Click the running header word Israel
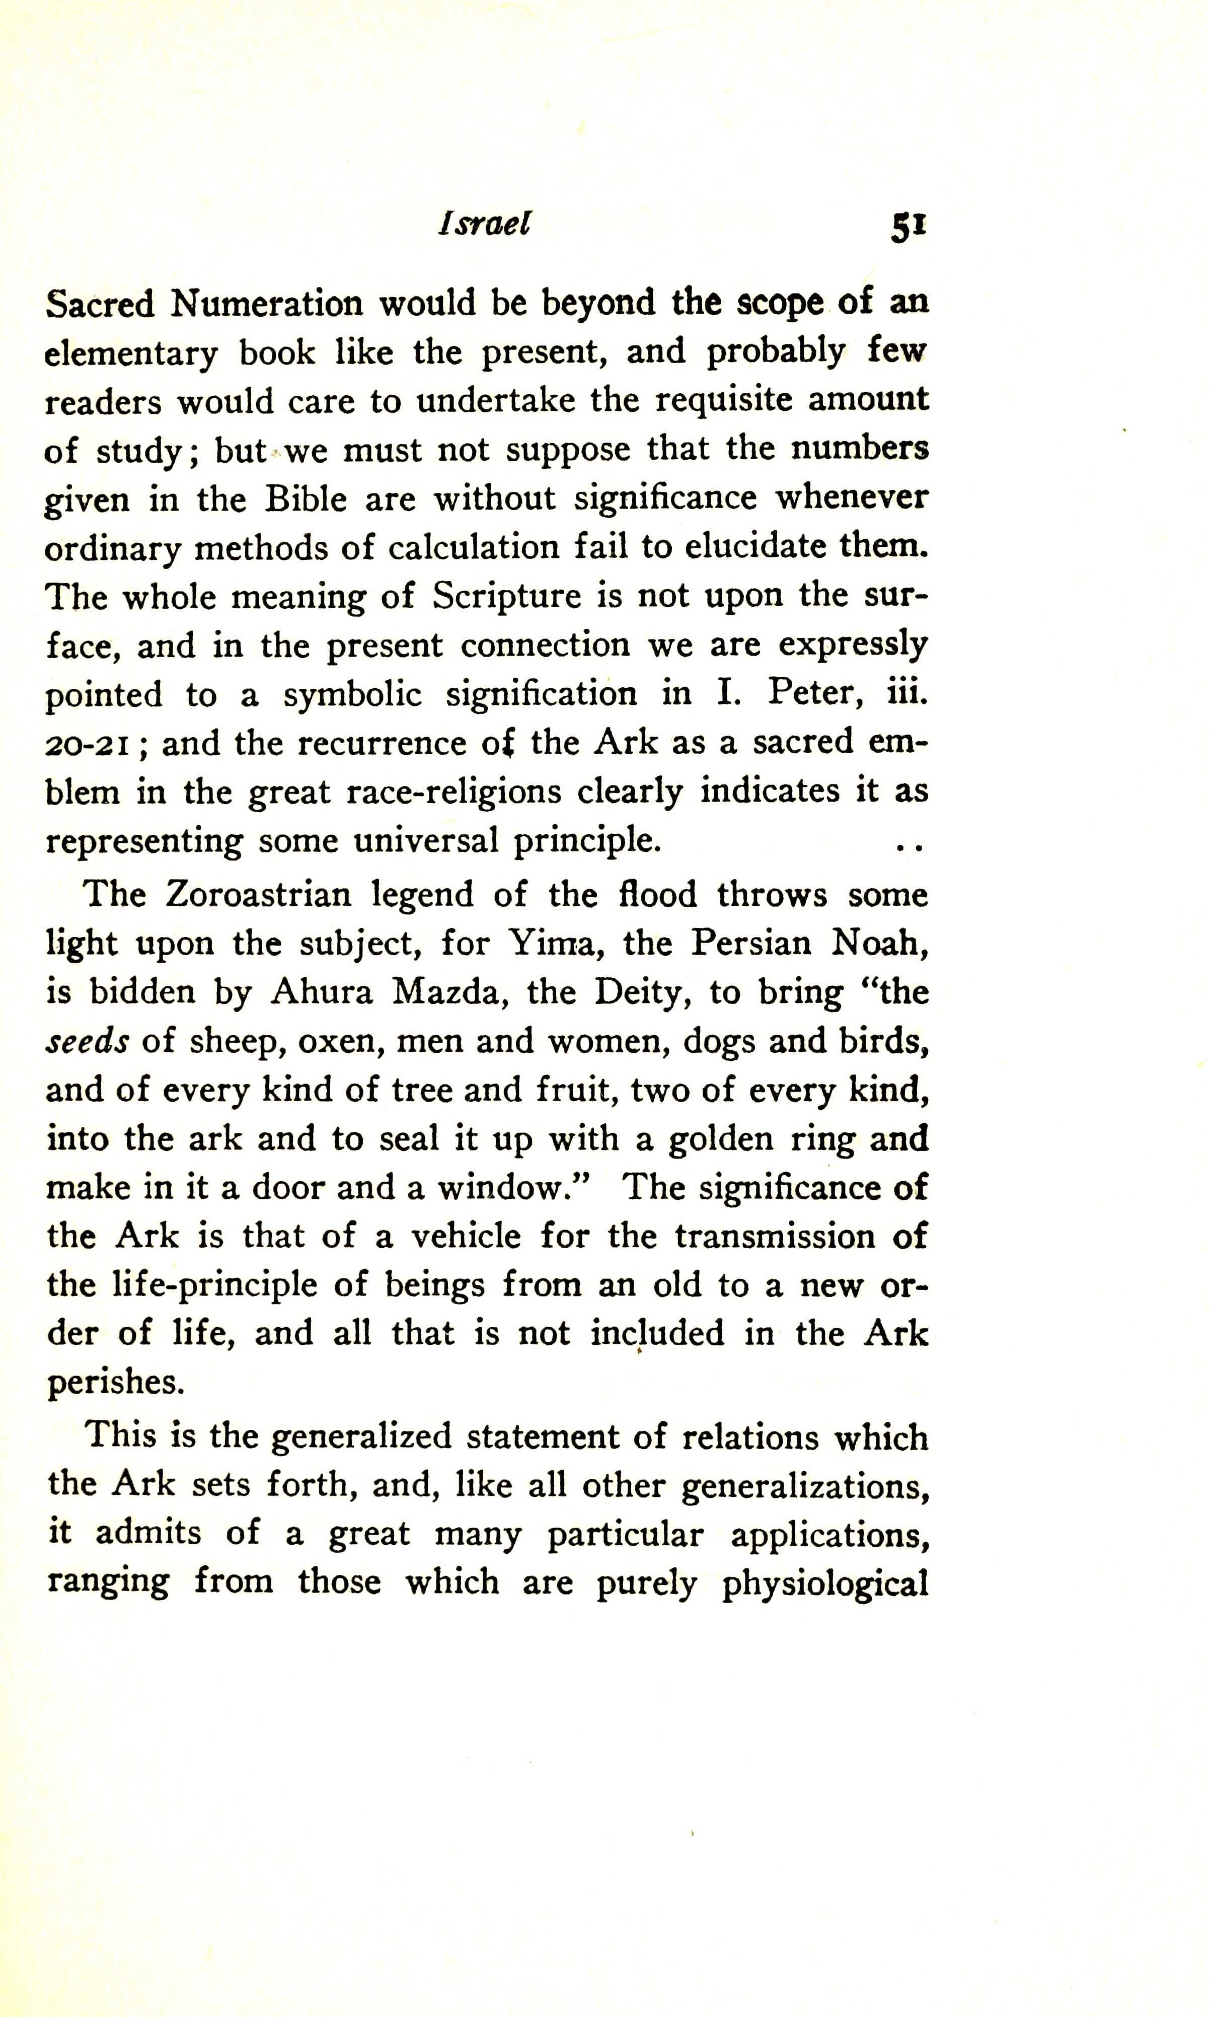(484, 224)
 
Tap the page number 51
(909, 227)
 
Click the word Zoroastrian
(258, 894)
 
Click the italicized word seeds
(87, 1042)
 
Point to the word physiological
(824, 1582)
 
